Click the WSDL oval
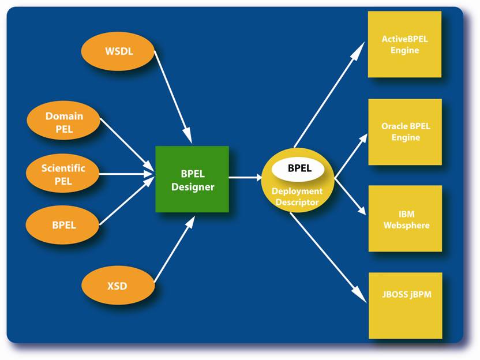(x=118, y=51)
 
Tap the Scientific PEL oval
(x=63, y=173)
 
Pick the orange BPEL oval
(x=63, y=225)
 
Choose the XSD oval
(x=118, y=285)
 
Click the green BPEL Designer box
(x=192, y=179)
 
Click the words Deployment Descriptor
(x=297, y=197)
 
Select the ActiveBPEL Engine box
(x=404, y=44)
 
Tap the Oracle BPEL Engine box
(x=405, y=132)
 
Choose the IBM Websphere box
(x=406, y=219)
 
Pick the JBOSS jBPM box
(x=406, y=306)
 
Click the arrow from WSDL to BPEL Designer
(x=173, y=97)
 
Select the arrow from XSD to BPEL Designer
(x=174, y=249)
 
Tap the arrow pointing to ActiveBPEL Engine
(x=329, y=94)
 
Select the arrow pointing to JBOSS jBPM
(x=328, y=258)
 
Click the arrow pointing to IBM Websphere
(x=350, y=196)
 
